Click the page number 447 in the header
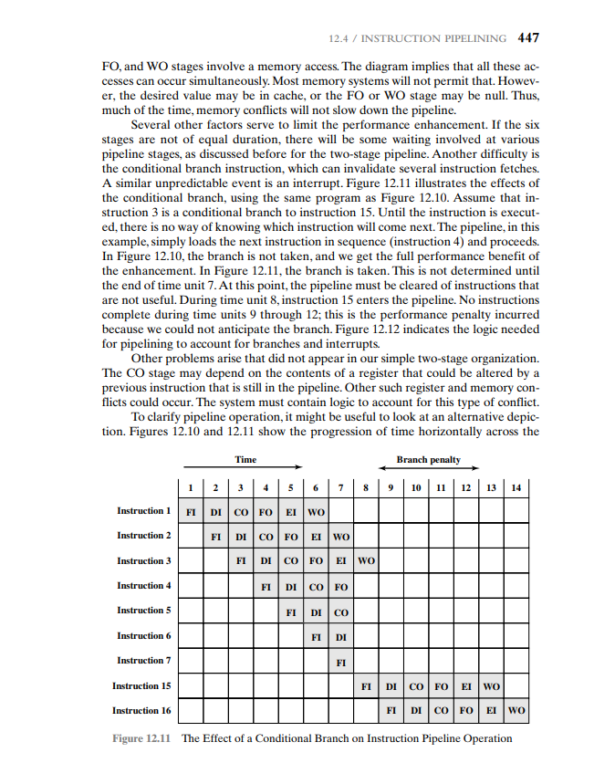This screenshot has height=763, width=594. (x=528, y=38)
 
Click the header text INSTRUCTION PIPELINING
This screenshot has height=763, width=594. (x=434, y=39)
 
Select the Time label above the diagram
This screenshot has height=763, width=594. (x=245, y=460)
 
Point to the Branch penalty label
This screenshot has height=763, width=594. (x=428, y=460)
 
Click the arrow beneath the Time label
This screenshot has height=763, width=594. (x=245, y=471)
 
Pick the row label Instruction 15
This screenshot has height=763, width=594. (x=141, y=685)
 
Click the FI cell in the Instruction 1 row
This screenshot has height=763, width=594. (x=191, y=511)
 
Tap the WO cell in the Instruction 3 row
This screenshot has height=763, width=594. (x=365, y=560)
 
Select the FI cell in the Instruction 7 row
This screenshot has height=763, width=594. (x=340, y=661)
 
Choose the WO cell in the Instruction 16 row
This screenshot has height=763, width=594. (x=516, y=710)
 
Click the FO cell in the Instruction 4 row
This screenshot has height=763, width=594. (x=340, y=586)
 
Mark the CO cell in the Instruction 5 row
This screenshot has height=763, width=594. (x=340, y=611)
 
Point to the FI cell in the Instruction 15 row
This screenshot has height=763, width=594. (x=365, y=685)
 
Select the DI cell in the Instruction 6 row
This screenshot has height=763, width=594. (x=340, y=635)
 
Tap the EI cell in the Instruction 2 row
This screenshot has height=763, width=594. (x=315, y=536)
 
